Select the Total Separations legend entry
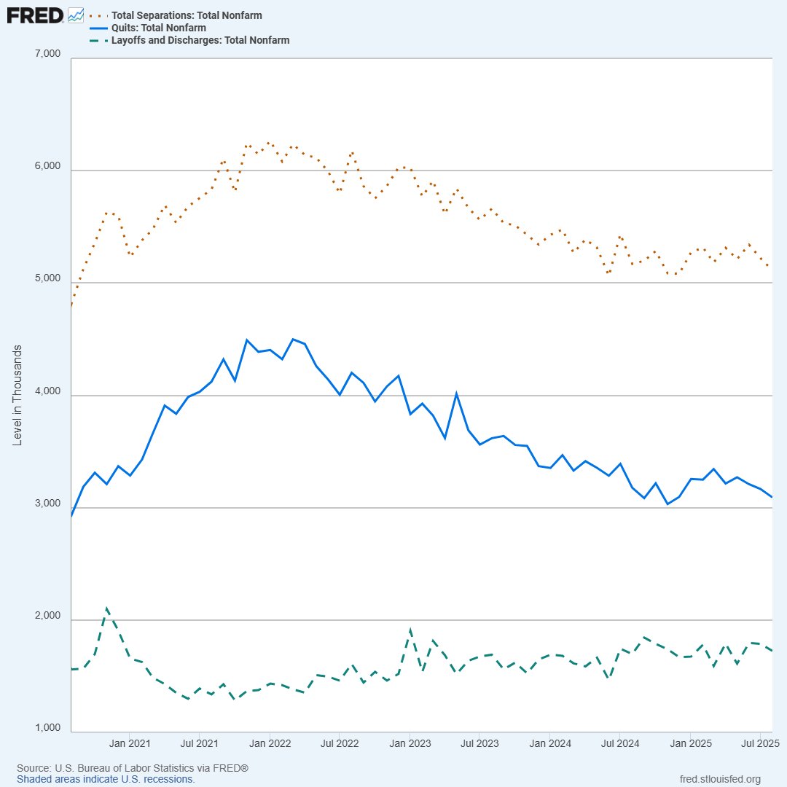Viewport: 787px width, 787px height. pos(186,15)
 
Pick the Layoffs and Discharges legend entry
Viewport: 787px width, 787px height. pos(200,40)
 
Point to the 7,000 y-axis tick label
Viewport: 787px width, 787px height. pos(48,54)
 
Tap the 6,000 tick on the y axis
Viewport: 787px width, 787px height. pos(48,166)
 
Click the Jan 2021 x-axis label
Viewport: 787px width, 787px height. pos(130,743)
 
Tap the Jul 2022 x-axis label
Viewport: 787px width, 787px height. pos(340,743)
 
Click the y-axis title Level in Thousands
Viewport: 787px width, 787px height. pos(17,394)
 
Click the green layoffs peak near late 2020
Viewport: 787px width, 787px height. pos(107,608)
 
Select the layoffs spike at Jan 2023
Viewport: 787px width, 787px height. pos(410,630)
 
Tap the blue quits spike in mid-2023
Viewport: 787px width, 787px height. pos(456,393)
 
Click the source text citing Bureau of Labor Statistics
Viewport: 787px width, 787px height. pos(133,769)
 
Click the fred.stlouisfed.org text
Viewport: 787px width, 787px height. pos(719,779)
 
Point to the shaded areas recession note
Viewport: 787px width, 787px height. pos(106,779)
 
